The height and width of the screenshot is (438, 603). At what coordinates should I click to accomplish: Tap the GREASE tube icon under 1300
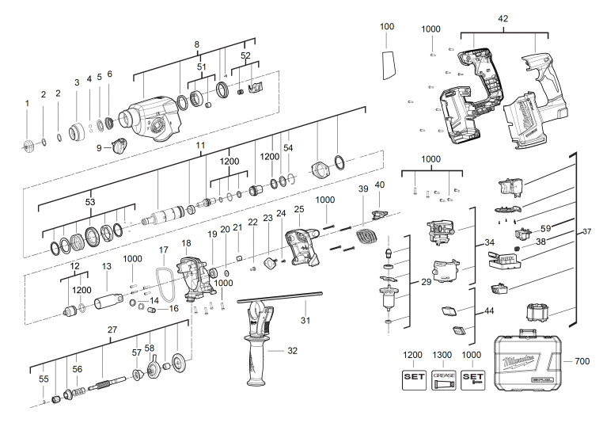(x=444, y=380)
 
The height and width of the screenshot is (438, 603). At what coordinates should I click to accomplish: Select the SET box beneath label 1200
(x=414, y=380)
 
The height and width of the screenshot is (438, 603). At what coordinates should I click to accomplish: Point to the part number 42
(x=503, y=19)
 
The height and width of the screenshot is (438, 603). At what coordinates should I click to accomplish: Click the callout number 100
(x=387, y=26)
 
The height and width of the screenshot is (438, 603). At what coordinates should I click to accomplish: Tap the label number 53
(x=90, y=202)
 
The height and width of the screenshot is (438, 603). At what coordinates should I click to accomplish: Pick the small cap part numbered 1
(x=28, y=147)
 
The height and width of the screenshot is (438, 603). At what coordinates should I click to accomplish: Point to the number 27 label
(x=112, y=329)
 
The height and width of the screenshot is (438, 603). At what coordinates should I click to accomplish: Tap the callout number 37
(x=586, y=231)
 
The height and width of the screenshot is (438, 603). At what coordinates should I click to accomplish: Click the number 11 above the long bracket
(x=200, y=146)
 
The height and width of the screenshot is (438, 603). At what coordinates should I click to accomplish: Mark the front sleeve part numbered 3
(x=78, y=132)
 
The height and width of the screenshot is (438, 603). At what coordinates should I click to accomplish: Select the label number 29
(x=426, y=282)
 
